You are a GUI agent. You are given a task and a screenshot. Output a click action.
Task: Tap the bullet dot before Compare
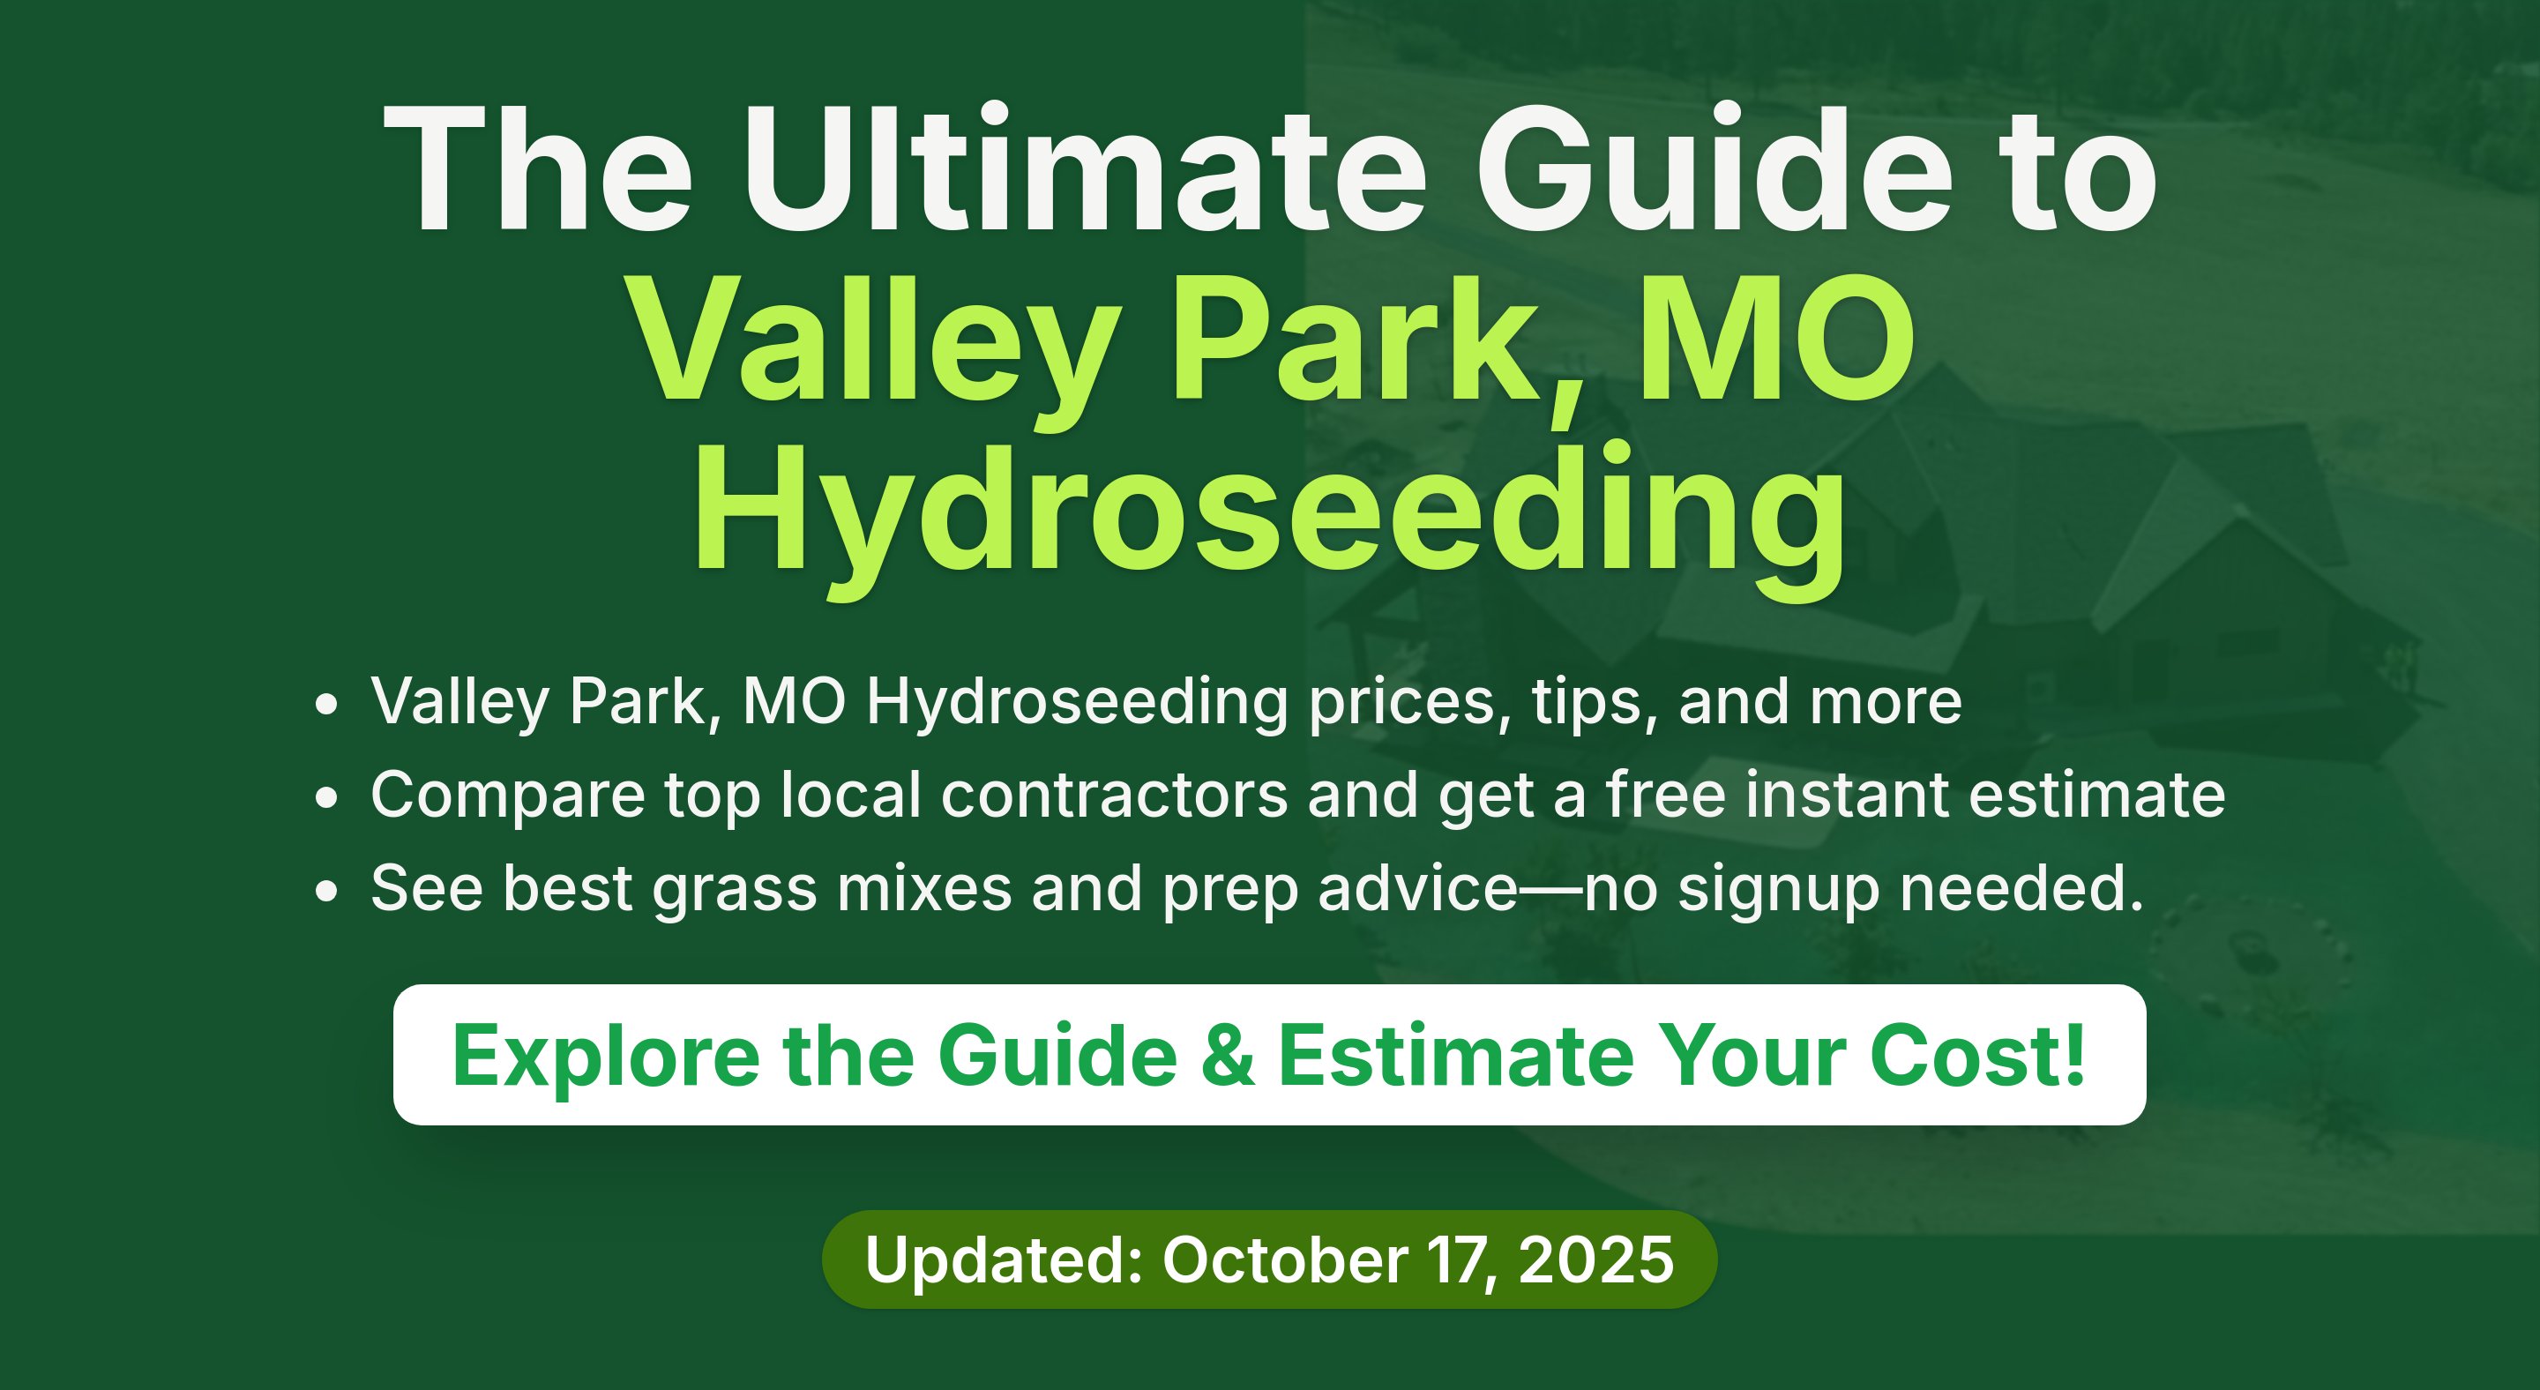click(326, 797)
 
